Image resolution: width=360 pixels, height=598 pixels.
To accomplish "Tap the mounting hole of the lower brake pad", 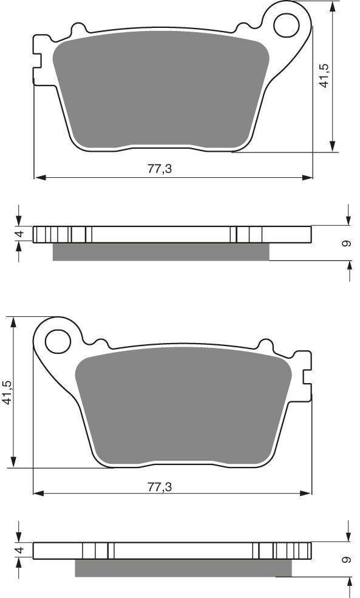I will (58, 339).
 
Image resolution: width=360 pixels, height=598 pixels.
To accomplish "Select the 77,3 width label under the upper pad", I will (160, 169).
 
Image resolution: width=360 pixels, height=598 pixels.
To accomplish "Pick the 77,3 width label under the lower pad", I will (160, 486).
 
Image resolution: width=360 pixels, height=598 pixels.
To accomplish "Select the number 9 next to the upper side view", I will (346, 243).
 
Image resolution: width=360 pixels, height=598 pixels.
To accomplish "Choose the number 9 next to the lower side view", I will (346, 560).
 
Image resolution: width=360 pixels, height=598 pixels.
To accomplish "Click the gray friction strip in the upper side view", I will (160, 251).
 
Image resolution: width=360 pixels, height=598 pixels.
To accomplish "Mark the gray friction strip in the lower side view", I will (183, 568).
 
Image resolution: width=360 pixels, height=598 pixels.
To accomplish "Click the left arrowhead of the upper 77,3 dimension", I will (38, 178).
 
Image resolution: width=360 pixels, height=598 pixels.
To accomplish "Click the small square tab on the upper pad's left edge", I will (37, 59).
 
